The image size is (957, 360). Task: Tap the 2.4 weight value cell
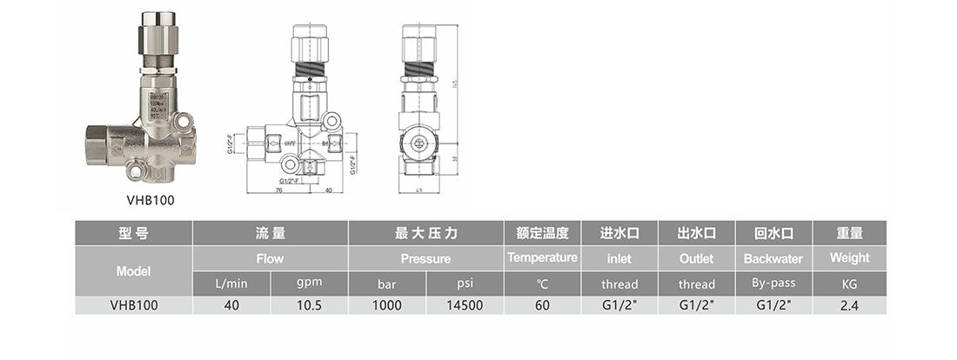click(x=849, y=305)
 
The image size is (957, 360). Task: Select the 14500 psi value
click(x=465, y=305)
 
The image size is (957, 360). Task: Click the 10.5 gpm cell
click(x=309, y=305)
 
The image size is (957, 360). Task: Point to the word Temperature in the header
click(x=542, y=257)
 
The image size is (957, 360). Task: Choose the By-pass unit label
click(x=773, y=283)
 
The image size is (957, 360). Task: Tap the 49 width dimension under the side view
click(x=418, y=189)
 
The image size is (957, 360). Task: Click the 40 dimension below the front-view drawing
click(x=329, y=189)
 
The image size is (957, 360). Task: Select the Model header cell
click(x=133, y=270)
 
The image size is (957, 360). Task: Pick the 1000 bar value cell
click(x=387, y=305)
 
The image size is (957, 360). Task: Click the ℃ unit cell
click(x=542, y=284)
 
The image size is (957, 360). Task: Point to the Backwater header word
click(x=773, y=258)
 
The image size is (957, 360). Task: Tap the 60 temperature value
click(x=542, y=305)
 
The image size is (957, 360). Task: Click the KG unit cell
click(x=849, y=284)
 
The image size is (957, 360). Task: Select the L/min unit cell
click(x=231, y=284)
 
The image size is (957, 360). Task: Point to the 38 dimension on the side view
click(x=455, y=159)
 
